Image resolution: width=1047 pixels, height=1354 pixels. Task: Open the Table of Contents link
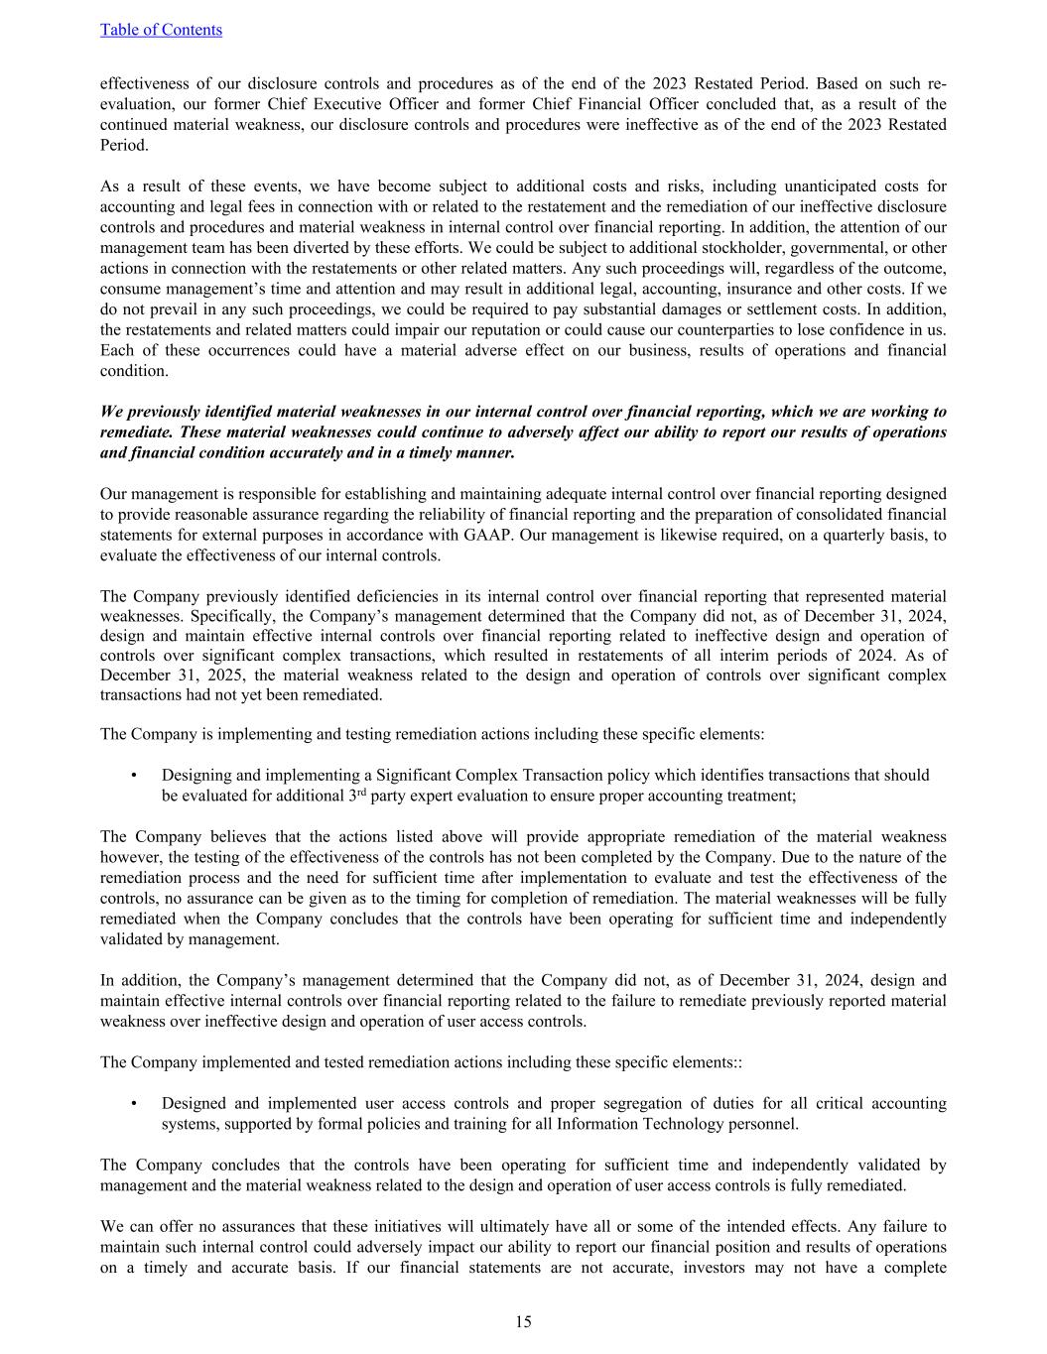click(161, 30)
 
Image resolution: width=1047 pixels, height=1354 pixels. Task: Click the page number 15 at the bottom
click(523, 1321)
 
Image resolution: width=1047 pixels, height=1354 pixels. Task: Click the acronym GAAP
click(487, 535)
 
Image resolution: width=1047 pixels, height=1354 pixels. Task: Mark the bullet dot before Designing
click(133, 776)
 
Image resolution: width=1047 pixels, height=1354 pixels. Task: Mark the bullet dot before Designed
click(133, 1104)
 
